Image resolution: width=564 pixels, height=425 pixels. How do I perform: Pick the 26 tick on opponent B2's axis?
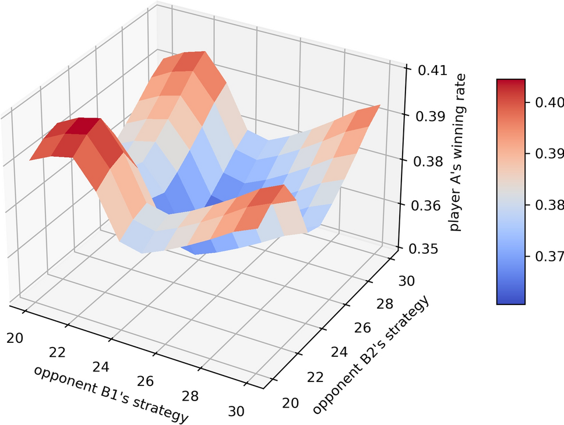pyautogui.click(x=362, y=327)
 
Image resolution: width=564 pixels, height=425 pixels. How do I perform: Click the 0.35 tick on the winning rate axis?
pyautogui.click(x=430, y=250)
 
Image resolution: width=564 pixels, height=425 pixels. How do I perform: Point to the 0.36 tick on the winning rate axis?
pyautogui.click(x=430, y=206)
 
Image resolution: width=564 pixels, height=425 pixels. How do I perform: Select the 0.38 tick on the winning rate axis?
pyautogui.click(x=430, y=161)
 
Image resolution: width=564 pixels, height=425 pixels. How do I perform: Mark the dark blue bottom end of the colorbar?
pyautogui.click(x=511, y=300)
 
